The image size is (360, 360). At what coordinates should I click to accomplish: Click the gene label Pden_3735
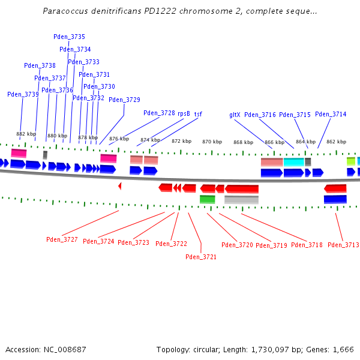point(70,37)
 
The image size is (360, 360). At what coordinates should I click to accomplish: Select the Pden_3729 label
point(124,100)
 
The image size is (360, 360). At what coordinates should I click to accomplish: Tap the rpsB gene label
point(184,113)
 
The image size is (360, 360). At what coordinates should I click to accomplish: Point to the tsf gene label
point(198,113)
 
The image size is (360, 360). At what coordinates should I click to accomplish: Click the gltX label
point(235,115)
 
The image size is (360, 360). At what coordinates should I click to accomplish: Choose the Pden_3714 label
point(331,115)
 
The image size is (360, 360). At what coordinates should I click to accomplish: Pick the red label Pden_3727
point(62,240)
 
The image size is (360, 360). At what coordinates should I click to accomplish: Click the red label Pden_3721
point(201,257)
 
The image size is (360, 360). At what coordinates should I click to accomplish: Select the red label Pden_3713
point(343,245)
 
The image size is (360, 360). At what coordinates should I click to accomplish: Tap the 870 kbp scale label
point(212,142)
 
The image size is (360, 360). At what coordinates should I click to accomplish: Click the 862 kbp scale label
point(336,142)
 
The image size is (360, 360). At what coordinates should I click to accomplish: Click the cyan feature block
point(293,162)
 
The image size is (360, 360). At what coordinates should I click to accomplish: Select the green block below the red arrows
point(207,199)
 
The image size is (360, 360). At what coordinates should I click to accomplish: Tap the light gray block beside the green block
point(241,199)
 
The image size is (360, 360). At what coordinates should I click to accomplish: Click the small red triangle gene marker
point(119,186)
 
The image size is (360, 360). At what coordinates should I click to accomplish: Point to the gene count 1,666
point(342,349)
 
